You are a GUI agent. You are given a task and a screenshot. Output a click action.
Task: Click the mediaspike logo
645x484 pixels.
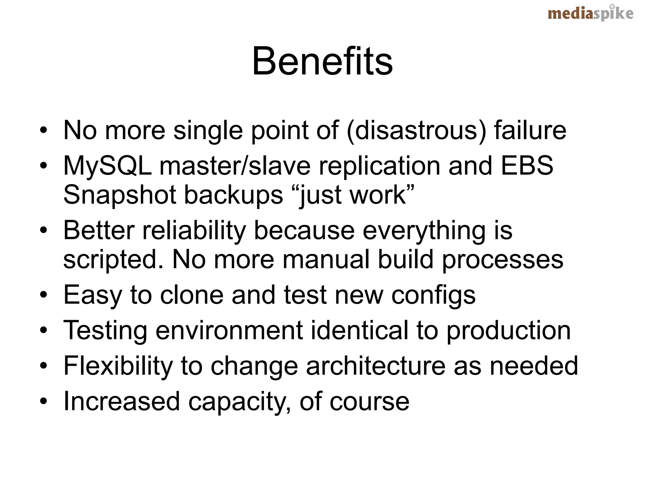click(590, 14)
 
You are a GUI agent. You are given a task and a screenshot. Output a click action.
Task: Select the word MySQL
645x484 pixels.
click(107, 166)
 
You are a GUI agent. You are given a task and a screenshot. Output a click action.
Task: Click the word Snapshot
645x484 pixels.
click(119, 195)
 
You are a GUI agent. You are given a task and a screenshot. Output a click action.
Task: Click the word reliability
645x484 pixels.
click(194, 231)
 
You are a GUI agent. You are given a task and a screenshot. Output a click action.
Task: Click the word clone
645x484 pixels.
click(192, 295)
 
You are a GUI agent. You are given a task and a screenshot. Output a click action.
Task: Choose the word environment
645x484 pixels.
click(229, 330)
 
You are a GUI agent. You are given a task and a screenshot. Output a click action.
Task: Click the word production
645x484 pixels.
click(508, 331)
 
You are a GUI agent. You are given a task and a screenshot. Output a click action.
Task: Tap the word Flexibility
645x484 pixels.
click(118, 366)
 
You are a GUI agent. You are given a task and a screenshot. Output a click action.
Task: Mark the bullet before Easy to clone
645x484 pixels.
click(44, 295)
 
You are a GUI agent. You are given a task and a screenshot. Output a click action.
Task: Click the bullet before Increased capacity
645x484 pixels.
click(44, 401)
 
